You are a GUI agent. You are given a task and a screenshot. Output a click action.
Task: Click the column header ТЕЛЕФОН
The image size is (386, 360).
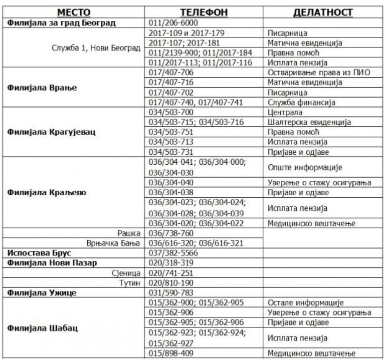(204, 13)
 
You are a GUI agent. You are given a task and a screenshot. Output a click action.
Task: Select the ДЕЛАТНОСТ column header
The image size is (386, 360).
(323, 13)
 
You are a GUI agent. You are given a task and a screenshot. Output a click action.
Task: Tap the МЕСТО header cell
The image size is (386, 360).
(74, 13)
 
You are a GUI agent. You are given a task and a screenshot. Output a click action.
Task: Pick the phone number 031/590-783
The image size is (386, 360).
(171, 292)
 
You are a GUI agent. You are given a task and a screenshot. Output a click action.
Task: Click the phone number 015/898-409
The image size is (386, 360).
(171, 354)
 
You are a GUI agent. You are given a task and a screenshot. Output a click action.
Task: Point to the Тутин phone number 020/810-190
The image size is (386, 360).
(171, 283)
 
